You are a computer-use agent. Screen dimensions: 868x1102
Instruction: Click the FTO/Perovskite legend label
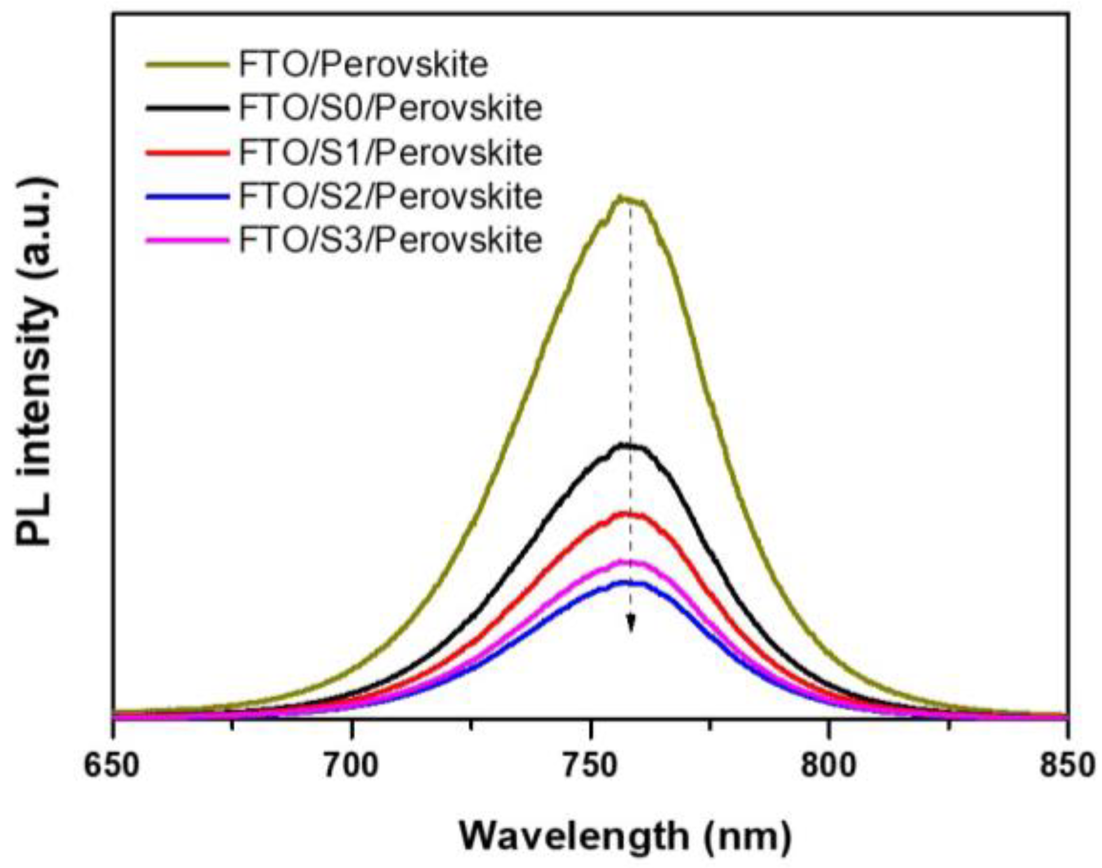(363, 65)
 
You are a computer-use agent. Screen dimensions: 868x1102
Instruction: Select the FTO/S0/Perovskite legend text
(390, 108)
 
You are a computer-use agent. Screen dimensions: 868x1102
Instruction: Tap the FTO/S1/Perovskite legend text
(390, 153)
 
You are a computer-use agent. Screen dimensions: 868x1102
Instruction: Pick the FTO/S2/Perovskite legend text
(390, 196)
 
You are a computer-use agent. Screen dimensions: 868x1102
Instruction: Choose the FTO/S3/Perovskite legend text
(390, 240)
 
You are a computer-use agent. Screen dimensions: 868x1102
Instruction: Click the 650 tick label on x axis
(112, 764)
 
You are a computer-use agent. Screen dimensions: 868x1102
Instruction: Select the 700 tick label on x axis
(352, 764)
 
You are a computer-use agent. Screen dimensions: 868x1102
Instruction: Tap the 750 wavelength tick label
(591, 764)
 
